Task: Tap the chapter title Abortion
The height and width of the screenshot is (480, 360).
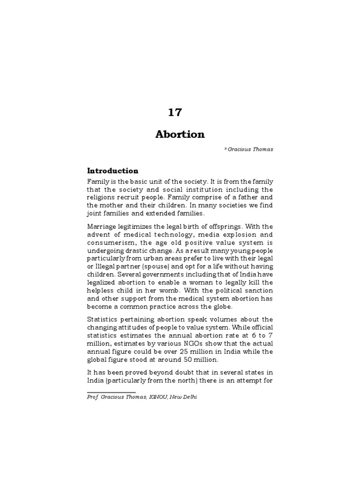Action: coord(180,135)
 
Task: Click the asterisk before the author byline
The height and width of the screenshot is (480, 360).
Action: coord(225,150)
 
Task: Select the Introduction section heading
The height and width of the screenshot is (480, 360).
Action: coord(112,171)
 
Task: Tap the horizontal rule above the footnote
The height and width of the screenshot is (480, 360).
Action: coord(112,392)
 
